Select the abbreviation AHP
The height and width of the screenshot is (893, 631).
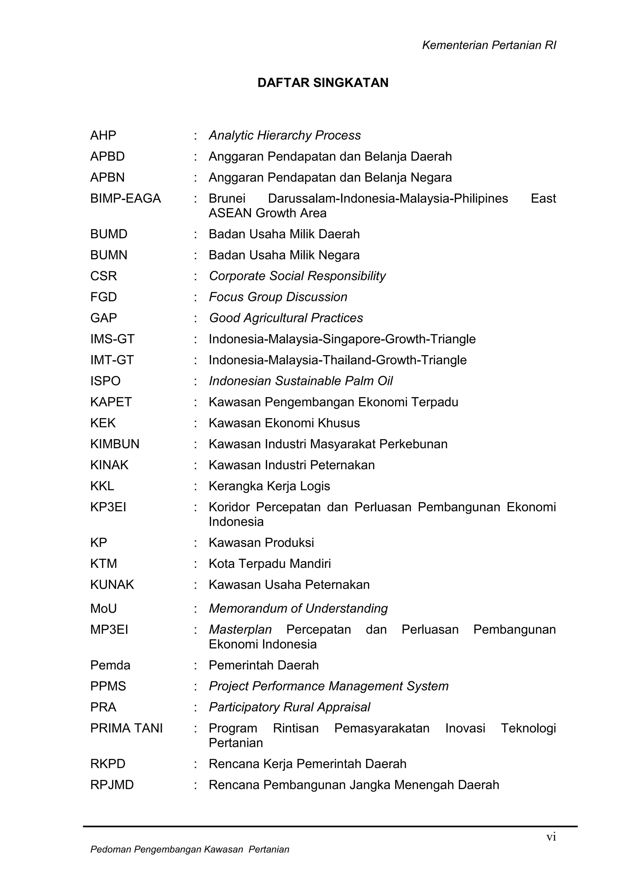pyautogui.click(x=103, y=135)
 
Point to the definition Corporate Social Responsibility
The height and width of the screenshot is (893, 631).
pyautogui.click(x=297, y=276)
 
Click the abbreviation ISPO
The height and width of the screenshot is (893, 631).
pyautogui.click(x=105, y=381)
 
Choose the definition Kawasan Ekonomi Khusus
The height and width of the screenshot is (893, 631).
pyautogui.click(x=284, y=423)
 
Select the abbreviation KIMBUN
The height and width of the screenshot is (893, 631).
pyautogui.click(x=115, y=444)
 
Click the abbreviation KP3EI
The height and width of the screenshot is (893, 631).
pyautogui.click(x=108, y=507)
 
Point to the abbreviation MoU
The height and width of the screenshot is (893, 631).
pyautogui.click(x=104, y=608)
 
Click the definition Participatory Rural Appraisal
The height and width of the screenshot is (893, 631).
pyautogui.click(x=289, y=707)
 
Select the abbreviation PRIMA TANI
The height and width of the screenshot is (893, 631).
pyautogui.click(x=126, y=728)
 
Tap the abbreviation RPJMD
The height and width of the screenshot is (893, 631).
pyautogui.click(x=112, y=785)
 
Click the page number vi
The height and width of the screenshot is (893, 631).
pyautogui.click(x=551, y=837)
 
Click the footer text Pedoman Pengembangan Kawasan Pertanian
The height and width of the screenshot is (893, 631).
pyautogui.click(x=190, y=850)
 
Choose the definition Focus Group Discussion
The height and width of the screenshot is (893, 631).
pyautogui.click(x=278, y=297)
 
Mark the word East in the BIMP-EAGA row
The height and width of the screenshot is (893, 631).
pyautogui.click(x=543, y=198)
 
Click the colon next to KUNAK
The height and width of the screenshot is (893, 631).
pyautogui.click(x=196, y=585)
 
